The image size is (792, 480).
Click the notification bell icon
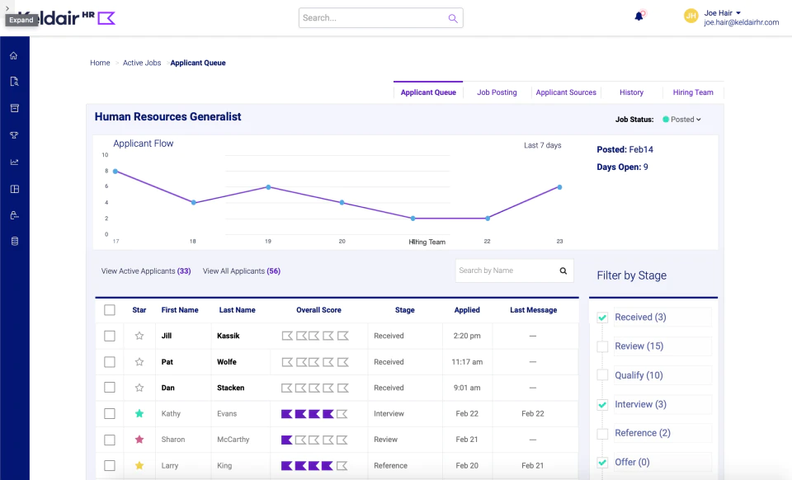[639, 16]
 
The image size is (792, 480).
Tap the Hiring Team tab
[693, 92]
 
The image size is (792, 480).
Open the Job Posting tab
[497, 92]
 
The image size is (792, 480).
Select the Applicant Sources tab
[566, 92]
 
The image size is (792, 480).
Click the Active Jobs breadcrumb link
[142, 63]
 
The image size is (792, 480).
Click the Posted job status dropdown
[682, 120]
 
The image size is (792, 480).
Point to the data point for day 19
[268, 187]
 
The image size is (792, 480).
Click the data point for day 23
[559, 187]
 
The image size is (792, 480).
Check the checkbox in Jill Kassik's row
[110, 336]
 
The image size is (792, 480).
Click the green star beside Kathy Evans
[139, 413]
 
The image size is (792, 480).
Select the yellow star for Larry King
[139, 465]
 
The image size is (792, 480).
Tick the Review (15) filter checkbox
[602, 346]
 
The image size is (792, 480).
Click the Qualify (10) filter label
[639, 375]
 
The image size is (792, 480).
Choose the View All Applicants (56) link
[242, 271]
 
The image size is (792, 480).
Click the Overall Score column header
[318, 310]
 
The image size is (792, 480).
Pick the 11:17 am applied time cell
[467, 362]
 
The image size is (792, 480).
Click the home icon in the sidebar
[14, 55]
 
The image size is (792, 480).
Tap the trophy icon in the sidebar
[14, 135]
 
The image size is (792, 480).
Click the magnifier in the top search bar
[453, 18]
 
